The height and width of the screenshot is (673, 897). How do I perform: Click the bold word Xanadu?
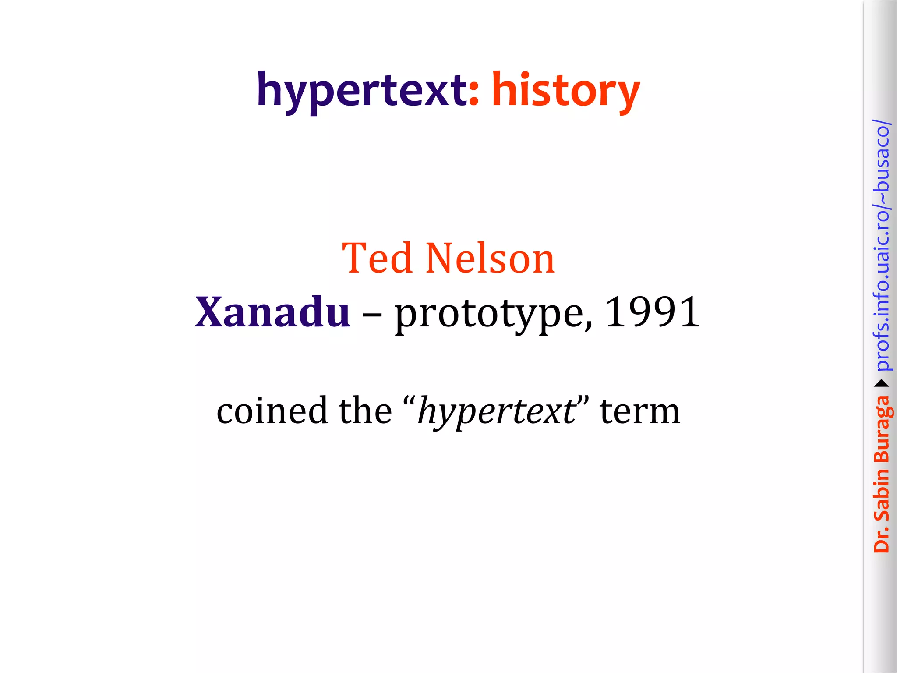[x=272, y=312]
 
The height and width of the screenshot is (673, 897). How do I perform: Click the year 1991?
[x=652, y=312]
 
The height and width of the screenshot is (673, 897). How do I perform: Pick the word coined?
[x=272, y=411]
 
